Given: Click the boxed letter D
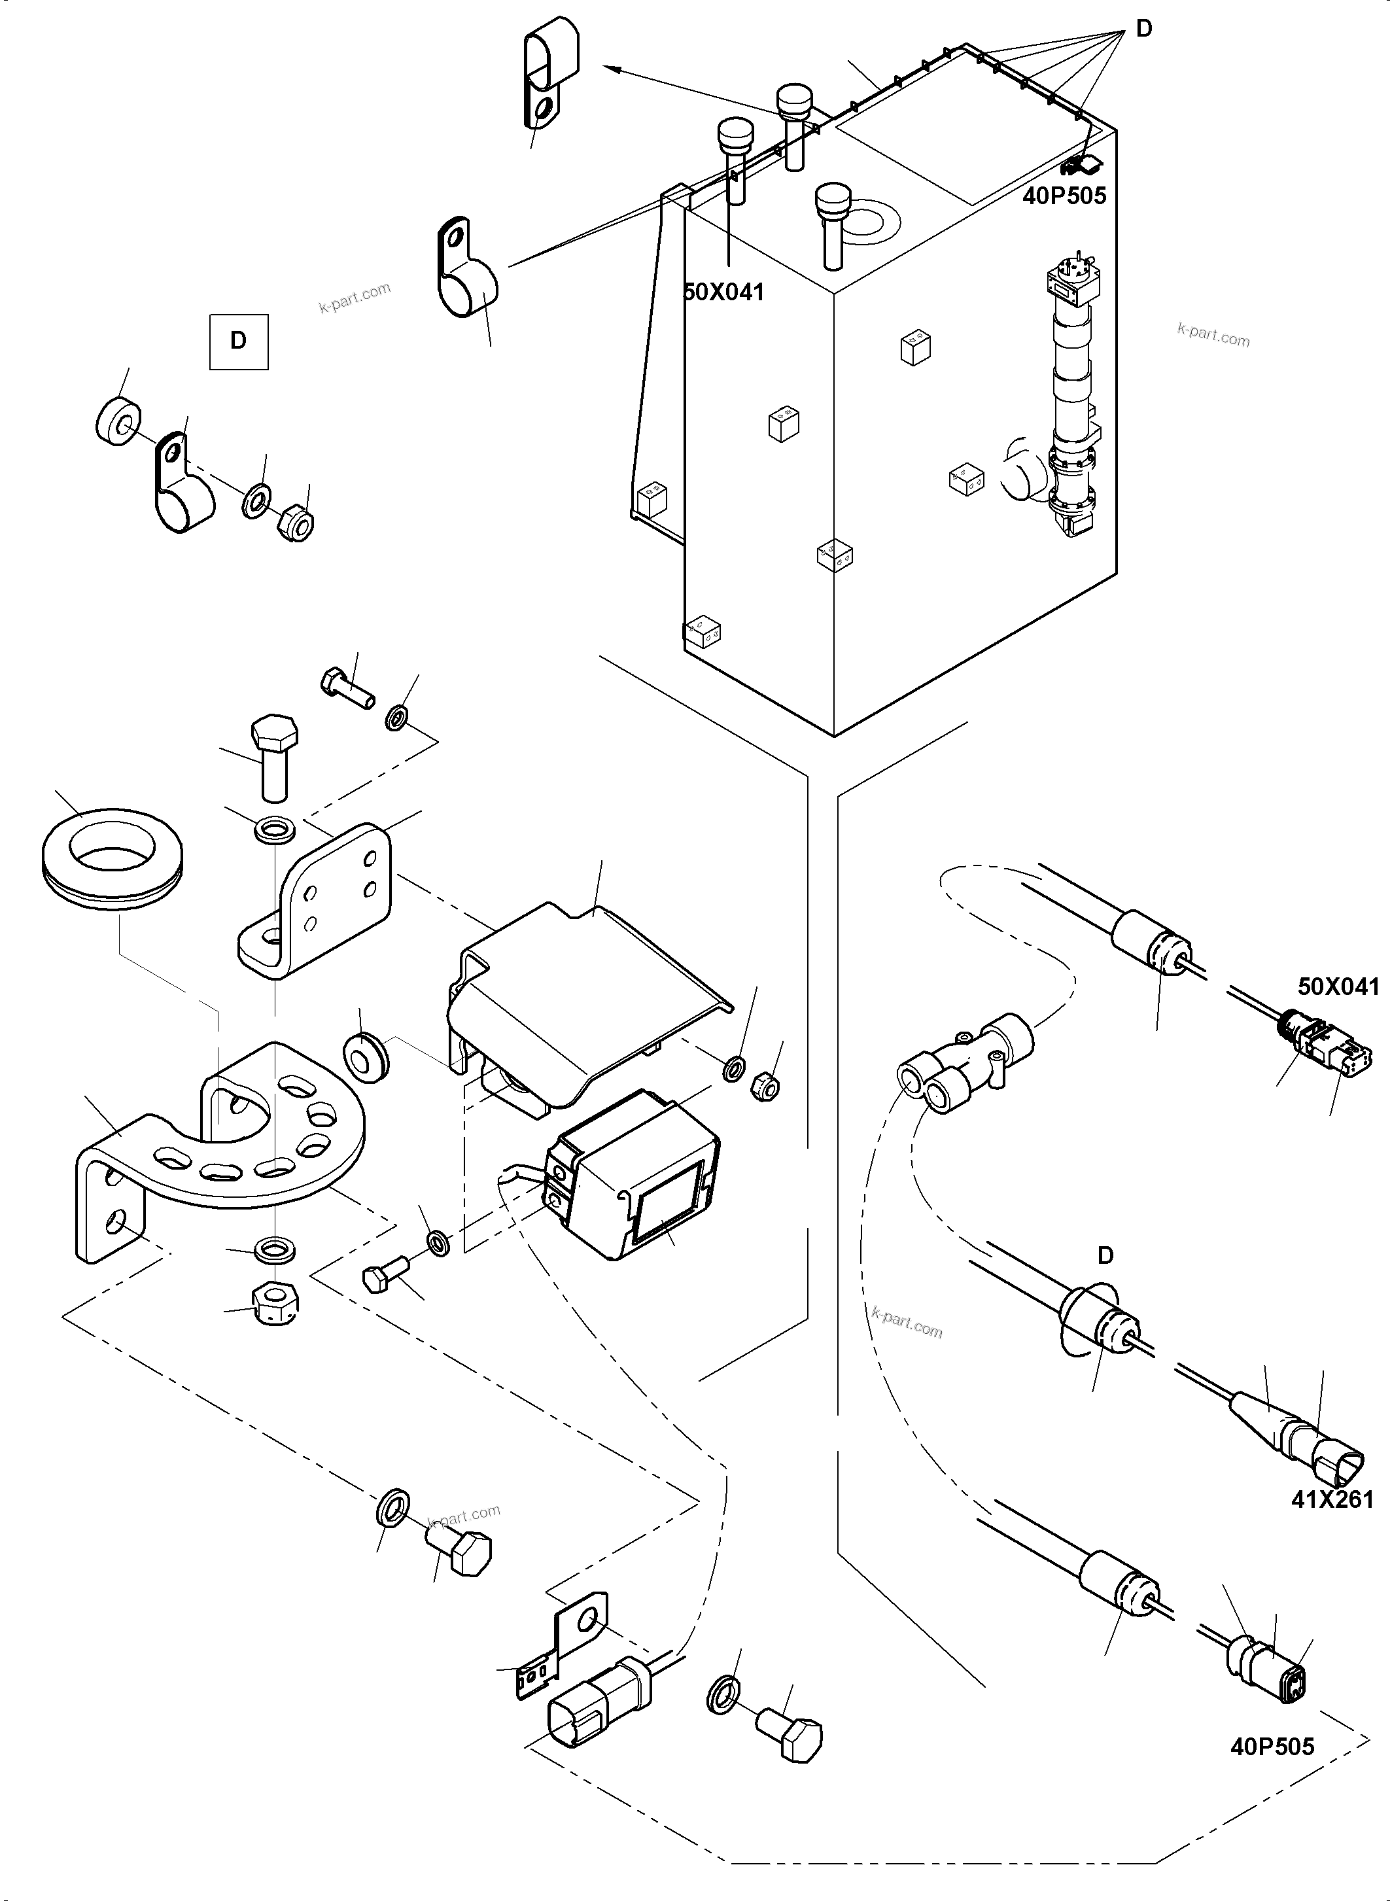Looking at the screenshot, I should (x=239, y=341).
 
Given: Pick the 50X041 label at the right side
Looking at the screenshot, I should (x=1338, y=986).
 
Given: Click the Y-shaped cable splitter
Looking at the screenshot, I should (x=959, y=1060).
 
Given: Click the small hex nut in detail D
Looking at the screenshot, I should (x=295, y=523).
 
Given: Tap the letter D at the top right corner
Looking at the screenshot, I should (x=1143, y=29).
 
